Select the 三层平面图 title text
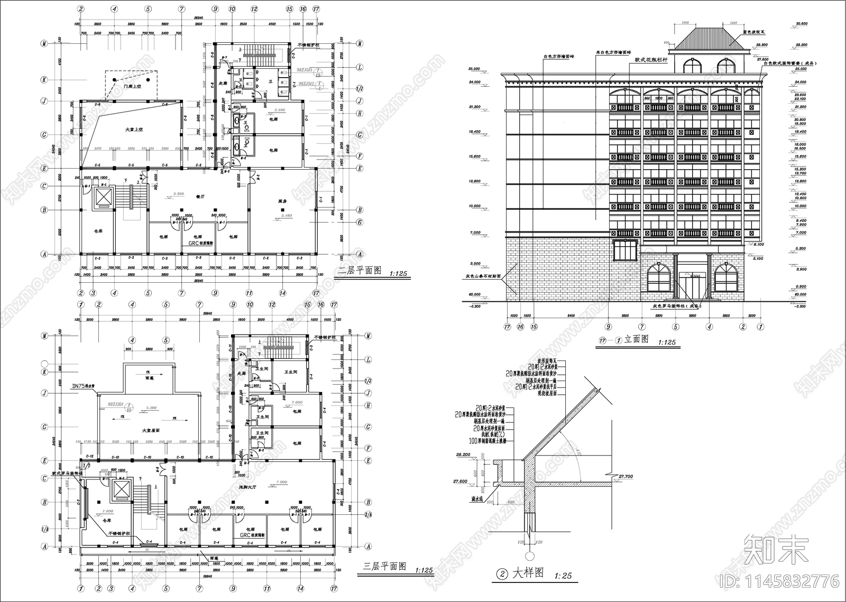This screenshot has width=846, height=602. click(x=384, y=566)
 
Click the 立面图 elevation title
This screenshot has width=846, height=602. click(x=636, y=339)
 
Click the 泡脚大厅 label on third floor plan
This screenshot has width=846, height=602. click(x=247, y=486)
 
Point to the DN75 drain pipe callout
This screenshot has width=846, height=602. click(x=83, y=385)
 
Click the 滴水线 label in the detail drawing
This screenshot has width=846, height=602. click(x=479, y=498)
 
